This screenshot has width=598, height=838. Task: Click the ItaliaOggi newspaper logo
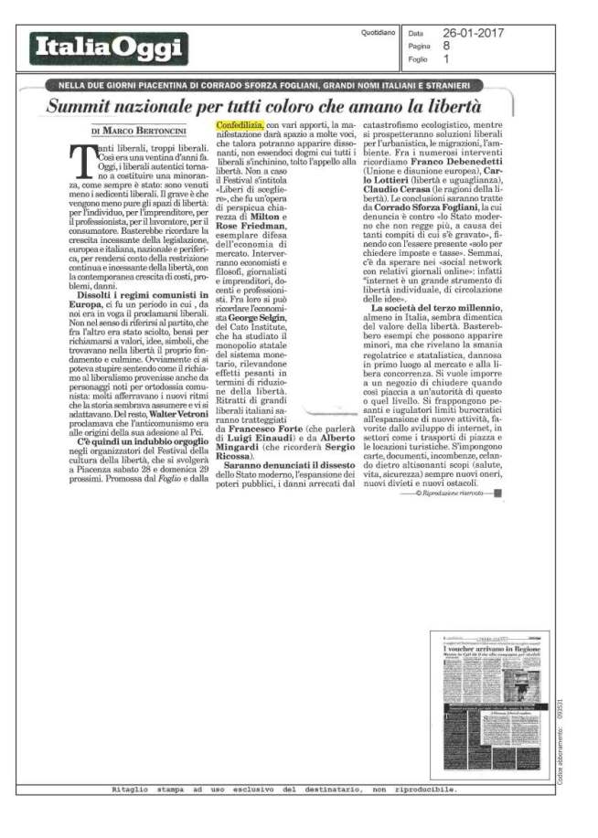point(108,48)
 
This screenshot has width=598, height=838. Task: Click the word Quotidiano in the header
point(379,33)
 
